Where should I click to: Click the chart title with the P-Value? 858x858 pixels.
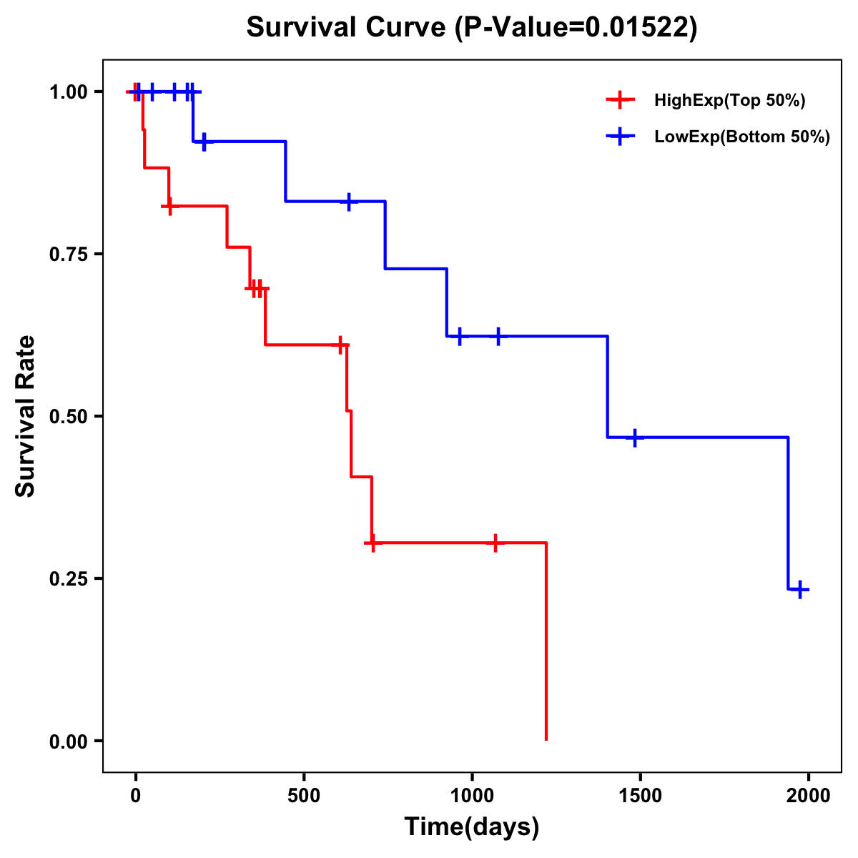pos(471,27)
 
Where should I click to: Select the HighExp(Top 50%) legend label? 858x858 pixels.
pos(730,101)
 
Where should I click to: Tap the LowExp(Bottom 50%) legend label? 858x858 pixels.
pos(742,137)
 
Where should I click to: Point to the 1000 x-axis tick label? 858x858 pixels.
pos(472,796)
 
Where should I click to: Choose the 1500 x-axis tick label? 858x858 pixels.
pos(640,796)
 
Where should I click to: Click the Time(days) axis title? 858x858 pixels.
pos(472,827)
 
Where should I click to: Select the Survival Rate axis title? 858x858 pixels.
pos(26,416)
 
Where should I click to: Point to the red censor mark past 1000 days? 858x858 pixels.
pos(495,543)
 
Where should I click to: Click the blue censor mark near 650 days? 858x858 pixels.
pos(349,202)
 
